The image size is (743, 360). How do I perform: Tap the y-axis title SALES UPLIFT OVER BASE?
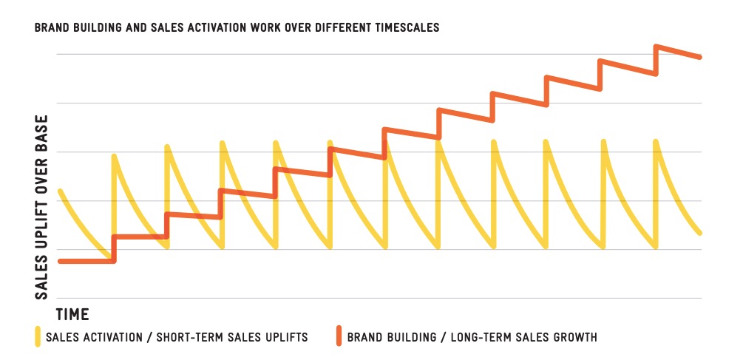pyautogui.click(x=43, y=207)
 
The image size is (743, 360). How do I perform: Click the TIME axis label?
pyautogui.click(x=72, y=315)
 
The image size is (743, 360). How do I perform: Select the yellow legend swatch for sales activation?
pyautogui.click(x=38, y=337)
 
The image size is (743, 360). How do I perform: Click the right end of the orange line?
pyautogui.click(x=699, y=57)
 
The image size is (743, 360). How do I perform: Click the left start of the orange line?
pyautogui.click(x=60, y=261)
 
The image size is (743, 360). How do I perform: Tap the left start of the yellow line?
pyautogui.click(x=60, y=191)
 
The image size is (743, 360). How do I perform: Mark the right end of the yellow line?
pyautogui.click(x=699, y=232)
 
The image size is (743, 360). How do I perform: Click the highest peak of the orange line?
pyautogui.click(x=656, y=47)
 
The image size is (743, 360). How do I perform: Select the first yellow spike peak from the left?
pyautogui.click(x=114, y=155)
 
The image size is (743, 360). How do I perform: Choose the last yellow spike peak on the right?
pyautogui.click(x=656, y=140)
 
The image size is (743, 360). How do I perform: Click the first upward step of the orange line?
pyautogui.click(x=114, y=248)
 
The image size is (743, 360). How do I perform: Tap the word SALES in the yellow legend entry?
pyautogui.click(x=62, y=338)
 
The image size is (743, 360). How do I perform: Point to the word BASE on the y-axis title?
pyautogui.click(x=43, y=132)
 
